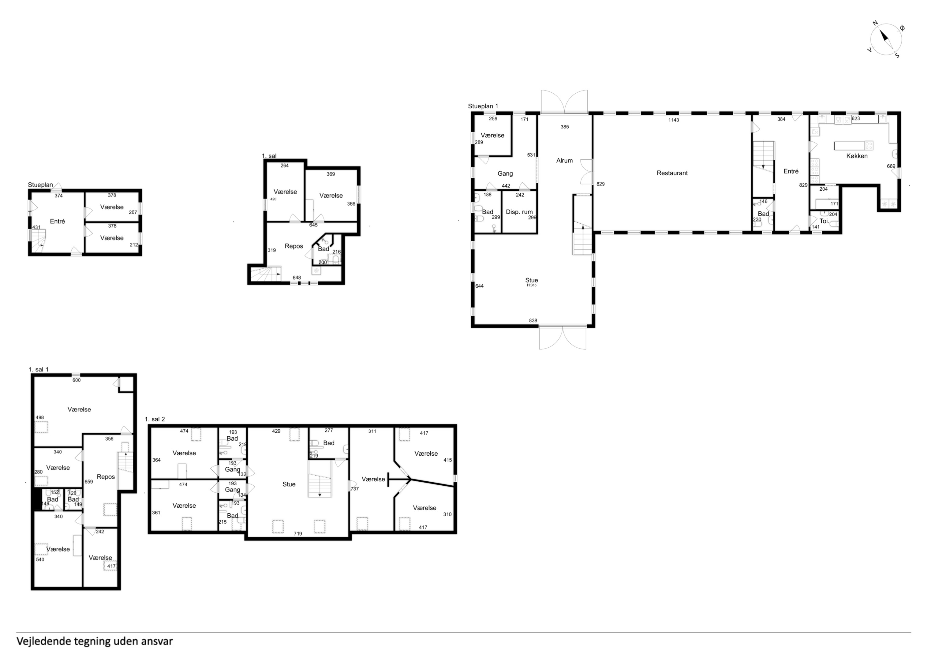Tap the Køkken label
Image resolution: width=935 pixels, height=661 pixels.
857,156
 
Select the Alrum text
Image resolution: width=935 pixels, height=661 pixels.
564,160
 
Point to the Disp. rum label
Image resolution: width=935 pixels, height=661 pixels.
519,212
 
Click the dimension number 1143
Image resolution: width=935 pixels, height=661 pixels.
674,120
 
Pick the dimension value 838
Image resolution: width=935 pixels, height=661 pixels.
533,320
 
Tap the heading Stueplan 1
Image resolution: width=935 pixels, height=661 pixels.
483,106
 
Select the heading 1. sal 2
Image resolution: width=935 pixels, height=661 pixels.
155,419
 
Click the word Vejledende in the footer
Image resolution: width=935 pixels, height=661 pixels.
43,641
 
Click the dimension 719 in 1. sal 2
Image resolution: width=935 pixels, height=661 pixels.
298,533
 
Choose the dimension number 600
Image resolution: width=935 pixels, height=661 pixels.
77,380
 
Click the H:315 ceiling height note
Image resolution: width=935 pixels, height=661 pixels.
532,286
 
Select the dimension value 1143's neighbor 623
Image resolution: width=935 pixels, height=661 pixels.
856,118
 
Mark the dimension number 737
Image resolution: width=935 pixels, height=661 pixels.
355,489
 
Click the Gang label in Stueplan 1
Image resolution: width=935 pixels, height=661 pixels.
505,174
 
